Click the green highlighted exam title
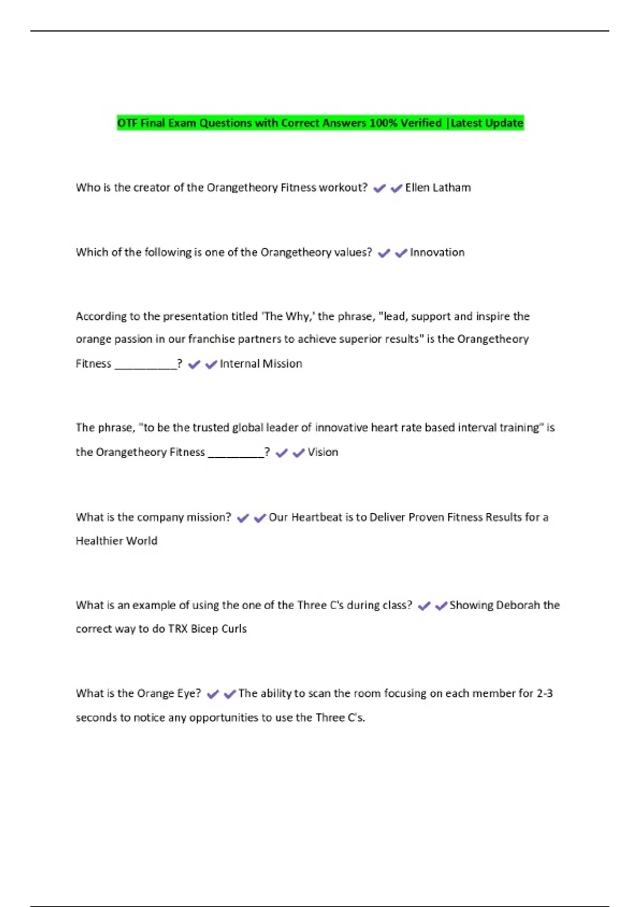320,123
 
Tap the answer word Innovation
437,252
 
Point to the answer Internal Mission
261,364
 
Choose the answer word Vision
323,452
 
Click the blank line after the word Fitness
146,365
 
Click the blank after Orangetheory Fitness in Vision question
236,454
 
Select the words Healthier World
116,541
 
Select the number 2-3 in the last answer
545,694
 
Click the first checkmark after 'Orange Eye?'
213,694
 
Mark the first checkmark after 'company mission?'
243,518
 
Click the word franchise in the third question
211,339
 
